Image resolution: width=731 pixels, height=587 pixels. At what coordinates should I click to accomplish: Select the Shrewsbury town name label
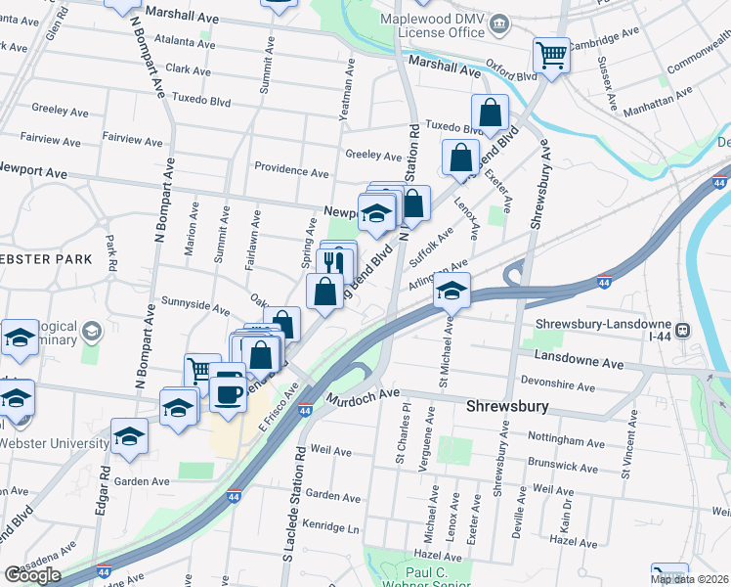[x=505, y=405]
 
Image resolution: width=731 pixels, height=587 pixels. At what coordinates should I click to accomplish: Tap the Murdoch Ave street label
[x=365, y=397]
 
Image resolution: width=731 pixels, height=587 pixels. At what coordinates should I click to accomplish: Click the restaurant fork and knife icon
[x=334, y=262]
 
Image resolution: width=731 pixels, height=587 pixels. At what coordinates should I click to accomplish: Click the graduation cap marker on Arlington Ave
[x=451, y=291]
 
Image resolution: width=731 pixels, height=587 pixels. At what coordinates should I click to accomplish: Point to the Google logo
[x=31, y=575]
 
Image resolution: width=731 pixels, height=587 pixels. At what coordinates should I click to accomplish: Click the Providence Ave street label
[x=291, y=170]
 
